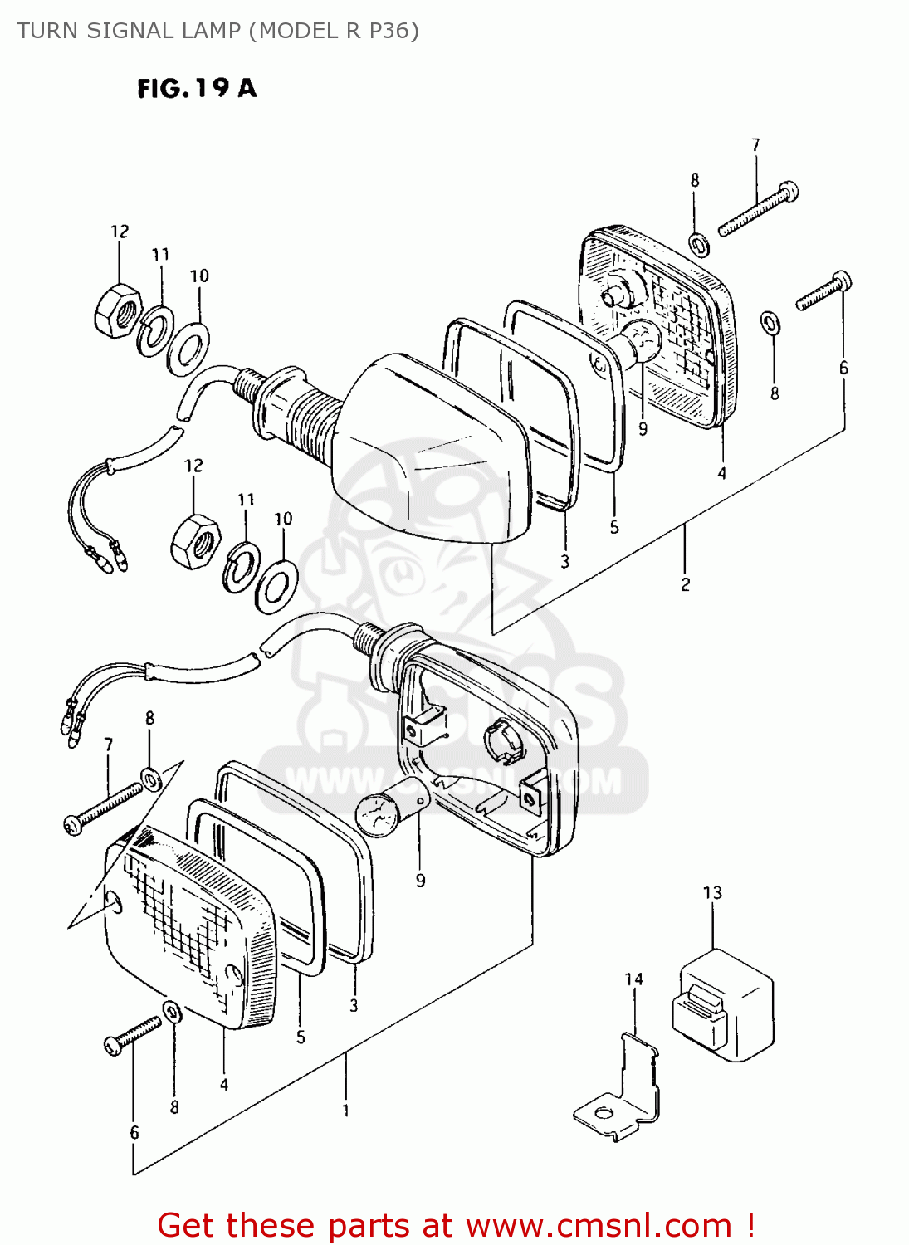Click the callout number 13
[x=712, y=892]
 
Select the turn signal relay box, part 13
[x=723, y=1004]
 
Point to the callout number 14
[x=633, y=979]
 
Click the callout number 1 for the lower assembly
[x=345, y=1110]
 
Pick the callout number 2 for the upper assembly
[x=685, y=584]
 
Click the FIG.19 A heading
[x=197, y=88]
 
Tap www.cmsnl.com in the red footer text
[x=599, y=1225]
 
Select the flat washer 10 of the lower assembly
[x=276, y=586]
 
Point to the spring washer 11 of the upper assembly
[x=154, y=330]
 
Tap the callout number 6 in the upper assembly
[x=843, y=368]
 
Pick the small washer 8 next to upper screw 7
[x=698, y=245]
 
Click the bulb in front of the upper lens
[x=641, y=340]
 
